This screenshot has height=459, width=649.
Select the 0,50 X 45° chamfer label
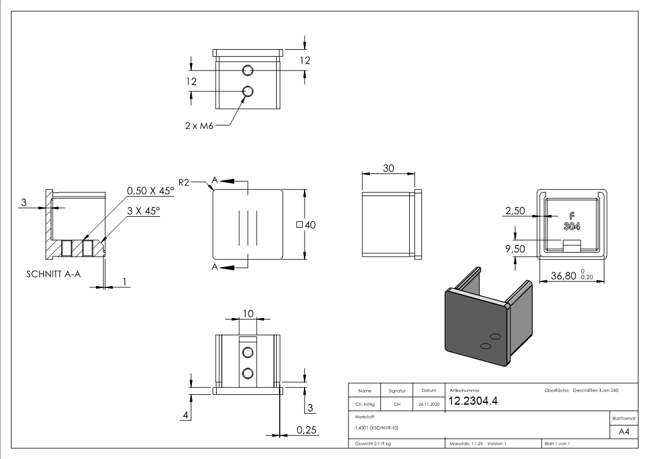[x=150, y=190]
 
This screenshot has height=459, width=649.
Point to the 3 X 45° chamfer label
[x=144, y=211]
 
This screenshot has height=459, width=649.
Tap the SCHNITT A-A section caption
[x=54, y=274]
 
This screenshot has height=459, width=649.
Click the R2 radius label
[x=184, y=182]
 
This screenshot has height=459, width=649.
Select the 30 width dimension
[x=388, y=168]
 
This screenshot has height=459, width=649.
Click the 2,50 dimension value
[x=515, y=211]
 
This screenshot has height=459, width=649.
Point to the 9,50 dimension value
[x=515, y=249]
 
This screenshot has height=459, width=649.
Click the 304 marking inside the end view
[x=572, y=226]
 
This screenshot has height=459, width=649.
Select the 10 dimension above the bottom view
[x=248, y=313]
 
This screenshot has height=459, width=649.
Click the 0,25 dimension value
[x=307, y=430]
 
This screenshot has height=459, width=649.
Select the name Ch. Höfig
[x=365, y=405]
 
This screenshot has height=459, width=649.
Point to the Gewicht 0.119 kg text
[x=373, y=443]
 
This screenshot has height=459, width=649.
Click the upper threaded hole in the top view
[x=248, y=71]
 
